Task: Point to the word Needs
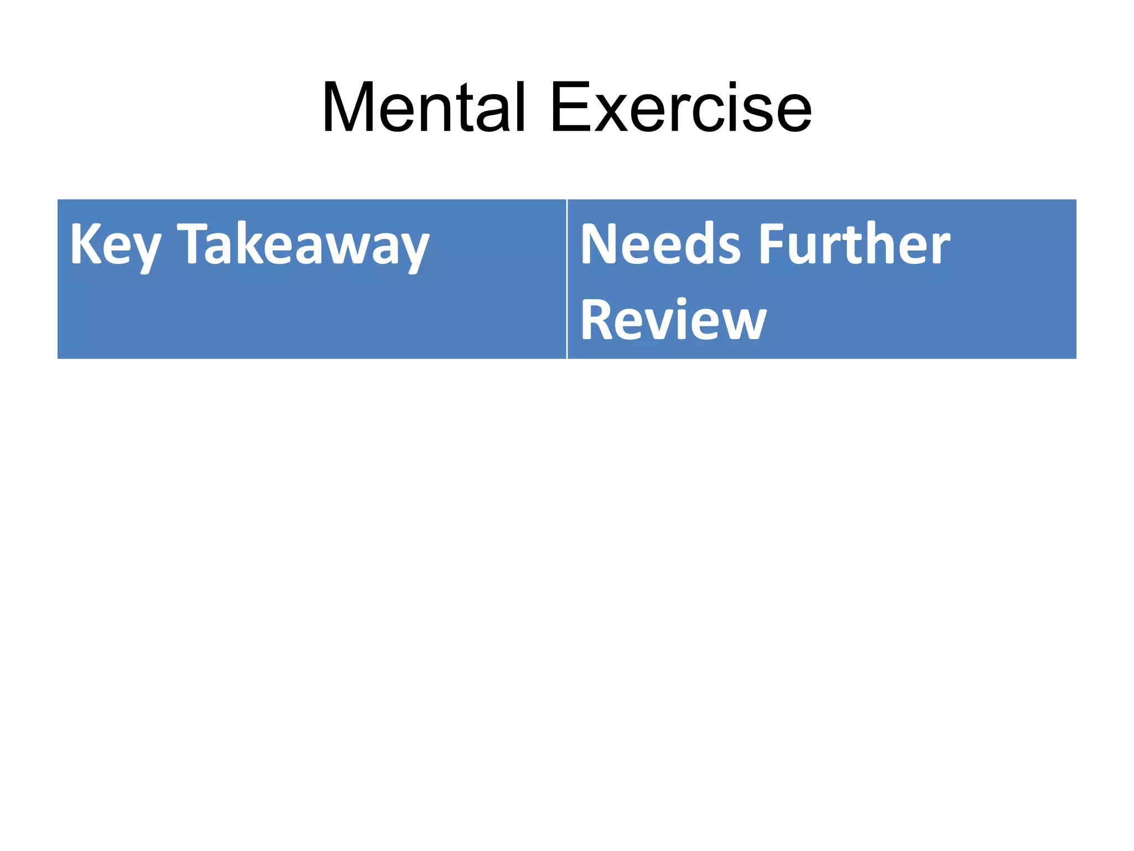[x=660, y=244]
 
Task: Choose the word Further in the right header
[x=854, y=244]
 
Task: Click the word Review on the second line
[x=673, y=320]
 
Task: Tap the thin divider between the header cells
[x=567, y=279]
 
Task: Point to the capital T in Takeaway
[x=194, y=243]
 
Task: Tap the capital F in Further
[x=772, y=244]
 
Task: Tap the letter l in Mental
[x=519, y=106]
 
